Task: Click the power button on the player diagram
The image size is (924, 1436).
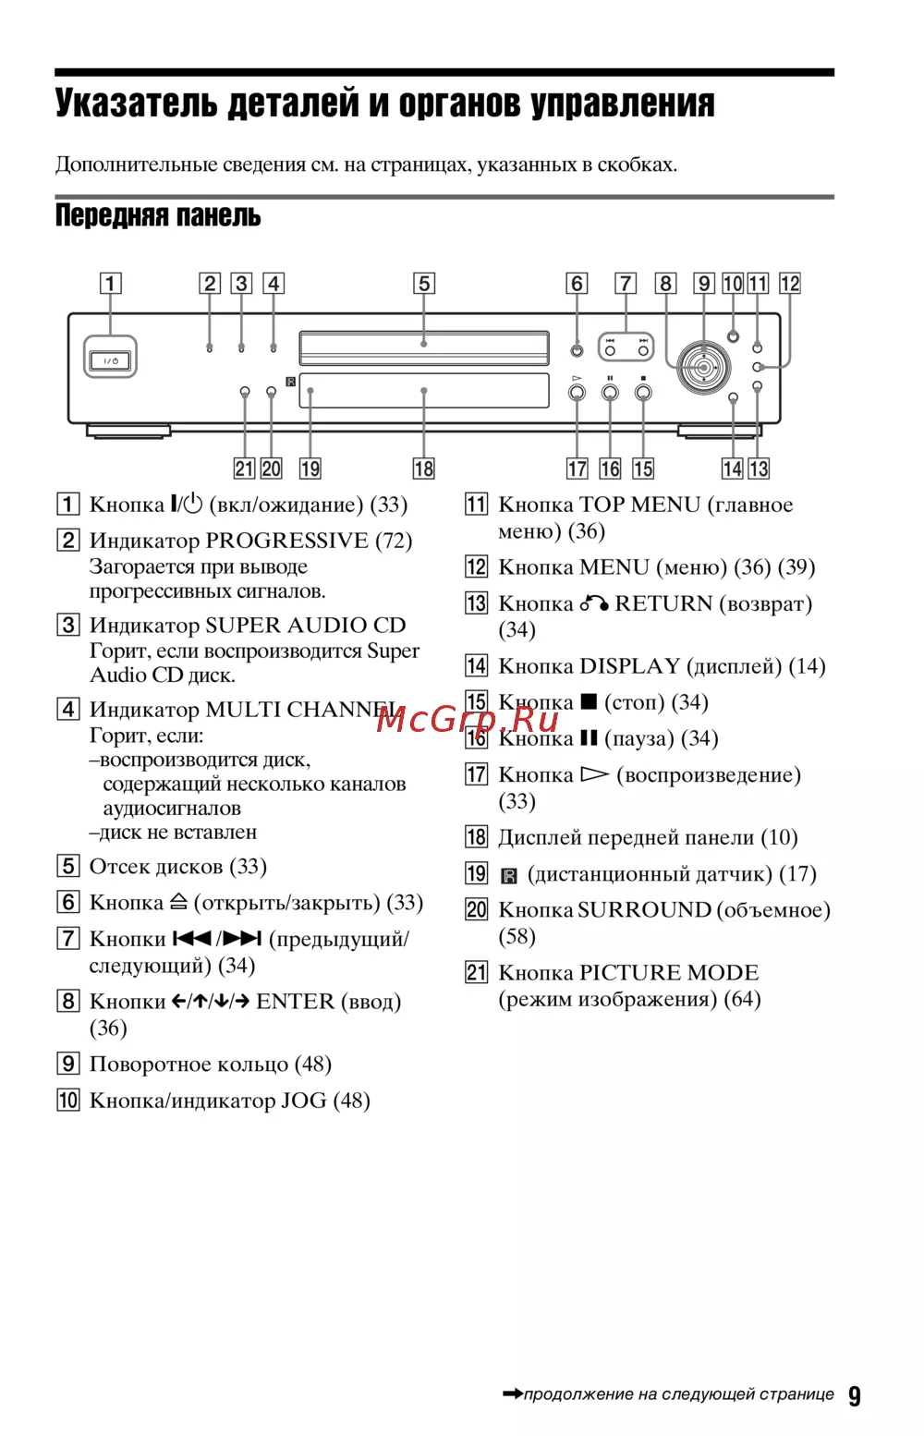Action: point(111,360)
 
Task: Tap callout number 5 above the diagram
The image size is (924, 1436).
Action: point(424,283)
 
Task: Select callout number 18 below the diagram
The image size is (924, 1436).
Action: point(423,469)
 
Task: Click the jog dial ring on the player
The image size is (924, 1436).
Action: point(704,367)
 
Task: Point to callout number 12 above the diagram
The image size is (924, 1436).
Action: point(790,283)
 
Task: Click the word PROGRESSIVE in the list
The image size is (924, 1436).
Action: point(286,540)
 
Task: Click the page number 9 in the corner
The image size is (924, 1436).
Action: point(855,1395)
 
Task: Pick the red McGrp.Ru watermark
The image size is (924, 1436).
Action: point(467,718)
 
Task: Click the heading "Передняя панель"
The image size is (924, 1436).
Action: point(158,215)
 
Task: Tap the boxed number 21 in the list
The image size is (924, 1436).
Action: point(476,972)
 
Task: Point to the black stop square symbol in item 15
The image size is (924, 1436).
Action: point(589,701)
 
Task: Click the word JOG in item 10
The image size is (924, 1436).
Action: point(303,1100)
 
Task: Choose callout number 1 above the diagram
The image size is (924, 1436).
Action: point(111,283)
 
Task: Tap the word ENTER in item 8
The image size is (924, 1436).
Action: point(295,1001)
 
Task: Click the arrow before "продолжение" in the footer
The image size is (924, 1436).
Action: point(512,1393)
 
